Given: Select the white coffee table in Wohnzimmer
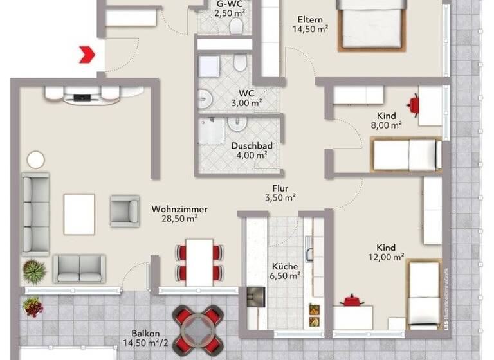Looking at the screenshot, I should pyautogui.click(x=79, y=214).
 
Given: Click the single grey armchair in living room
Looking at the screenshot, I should pyautogui.click(x=124, y=211).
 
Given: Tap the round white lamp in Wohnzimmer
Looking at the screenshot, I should pyautogui.click(x=36, y=159).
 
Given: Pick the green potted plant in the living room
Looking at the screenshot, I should pyautogui.click(x=33, y=269).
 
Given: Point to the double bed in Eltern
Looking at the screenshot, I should pyautogui.click(x=372, y=24).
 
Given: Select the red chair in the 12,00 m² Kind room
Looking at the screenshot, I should pyautogui.click(x=351, y=300).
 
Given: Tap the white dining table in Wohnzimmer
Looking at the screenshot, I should pyautogui.click(x=199, y=260).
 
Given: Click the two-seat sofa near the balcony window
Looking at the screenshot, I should pyautogui.click(x=80, y=269).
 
